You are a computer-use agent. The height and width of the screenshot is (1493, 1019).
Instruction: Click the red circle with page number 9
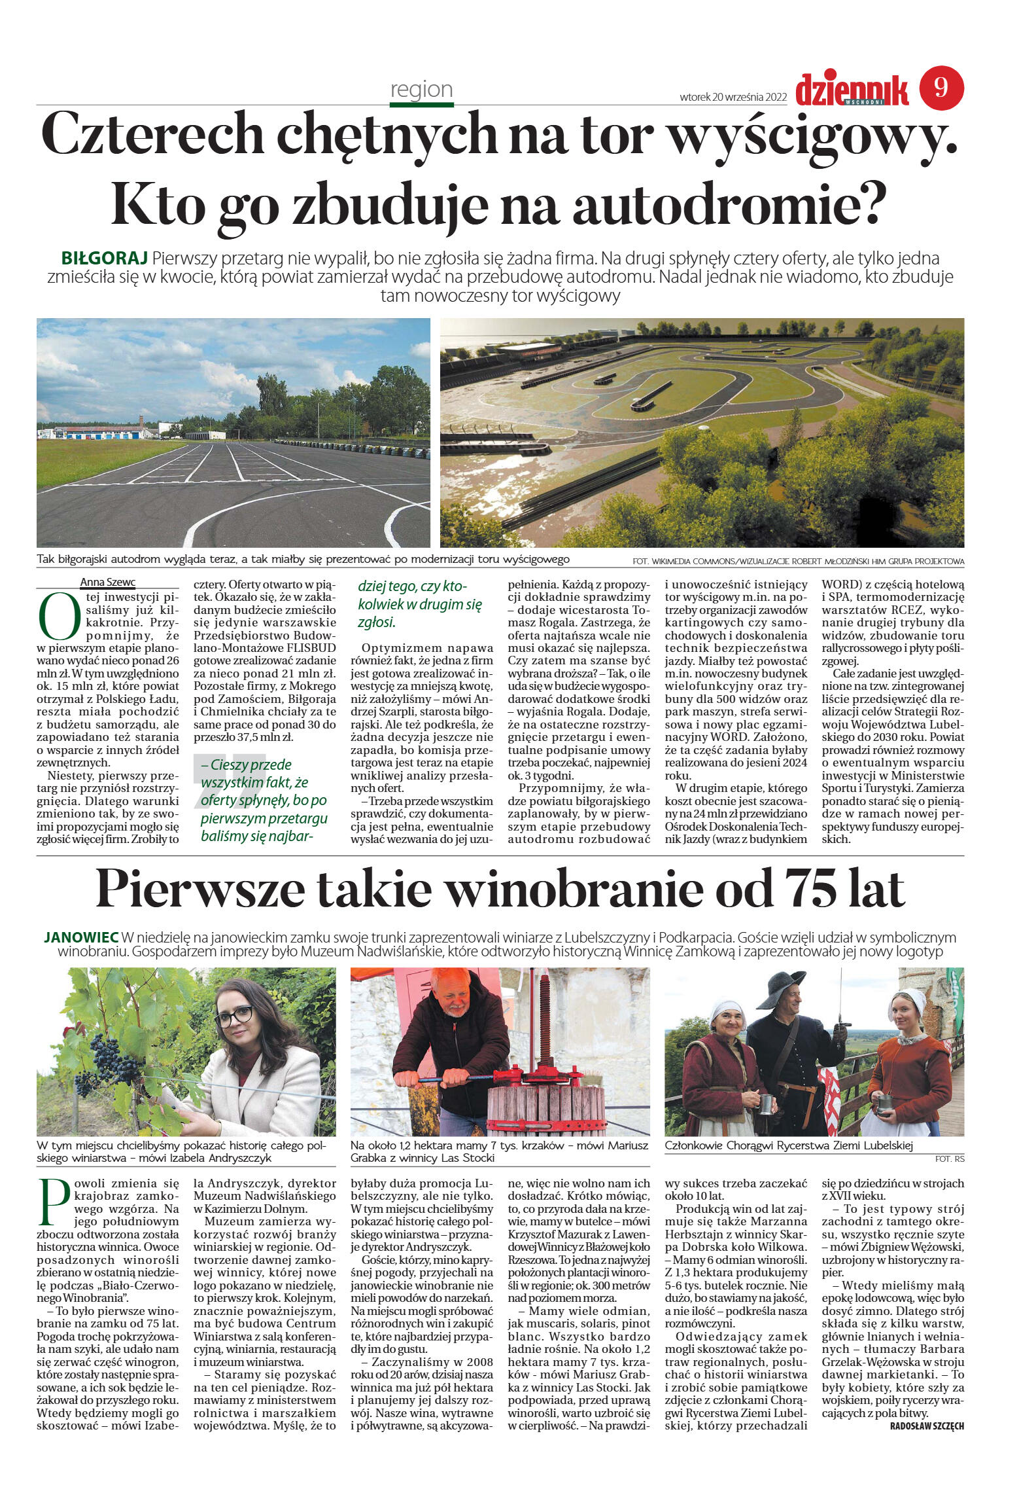pyautogui.click(x=941, y=88)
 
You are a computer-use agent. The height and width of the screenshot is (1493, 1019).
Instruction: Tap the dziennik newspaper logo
pyautogui.click(x=852, y=90)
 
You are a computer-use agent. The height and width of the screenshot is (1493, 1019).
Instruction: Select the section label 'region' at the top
pyautogui.click(x=421, y=89)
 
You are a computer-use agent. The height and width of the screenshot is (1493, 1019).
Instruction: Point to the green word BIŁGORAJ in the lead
pyautogui.click(x=105, y=258)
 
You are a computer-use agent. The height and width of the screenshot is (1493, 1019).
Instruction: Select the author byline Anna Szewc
pyautogui.click(x=107, y=583)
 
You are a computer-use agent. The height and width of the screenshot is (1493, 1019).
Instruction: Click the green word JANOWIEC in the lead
pyautogui.click(x=81, y=937)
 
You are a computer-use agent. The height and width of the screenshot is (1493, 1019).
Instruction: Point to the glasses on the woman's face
pyautogui.click(x=233, y=1016)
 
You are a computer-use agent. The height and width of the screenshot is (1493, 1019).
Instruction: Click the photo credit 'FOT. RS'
pyautogui.click(x=949, y=1159)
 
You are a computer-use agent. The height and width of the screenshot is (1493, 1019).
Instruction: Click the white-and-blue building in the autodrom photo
pyautogui.click(x=98, y=432)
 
